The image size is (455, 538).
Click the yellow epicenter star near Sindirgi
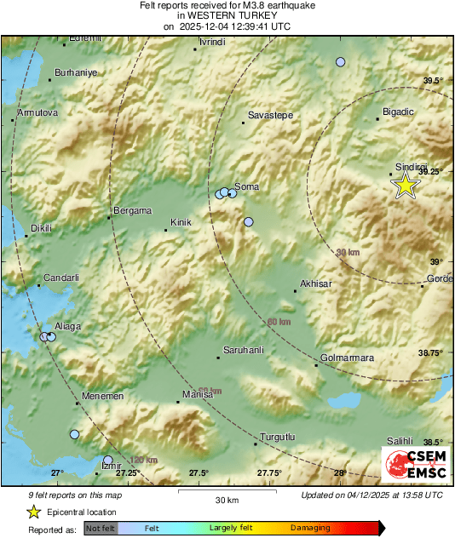(x=406, y=185)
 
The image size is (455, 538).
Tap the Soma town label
(x=246, y=186)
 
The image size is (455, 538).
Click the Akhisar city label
(x=315, y=283)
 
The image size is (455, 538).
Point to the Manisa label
(x=198, y=396)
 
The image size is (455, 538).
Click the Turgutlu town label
(x=277, y=437)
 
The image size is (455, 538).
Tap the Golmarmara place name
(x=347, y=358)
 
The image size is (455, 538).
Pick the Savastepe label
(x=268, y=114)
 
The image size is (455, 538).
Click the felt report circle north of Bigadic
(x=341, y=62)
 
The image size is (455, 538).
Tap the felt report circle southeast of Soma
(x=249, y=222)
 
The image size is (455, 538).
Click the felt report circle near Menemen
(x=74, y=435)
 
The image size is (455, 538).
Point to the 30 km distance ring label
(x=348, y=253)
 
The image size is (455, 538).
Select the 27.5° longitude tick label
(x=199, y=473)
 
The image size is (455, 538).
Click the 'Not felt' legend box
(x=101, y=529)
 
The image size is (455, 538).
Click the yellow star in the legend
(x=34, y=512)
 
